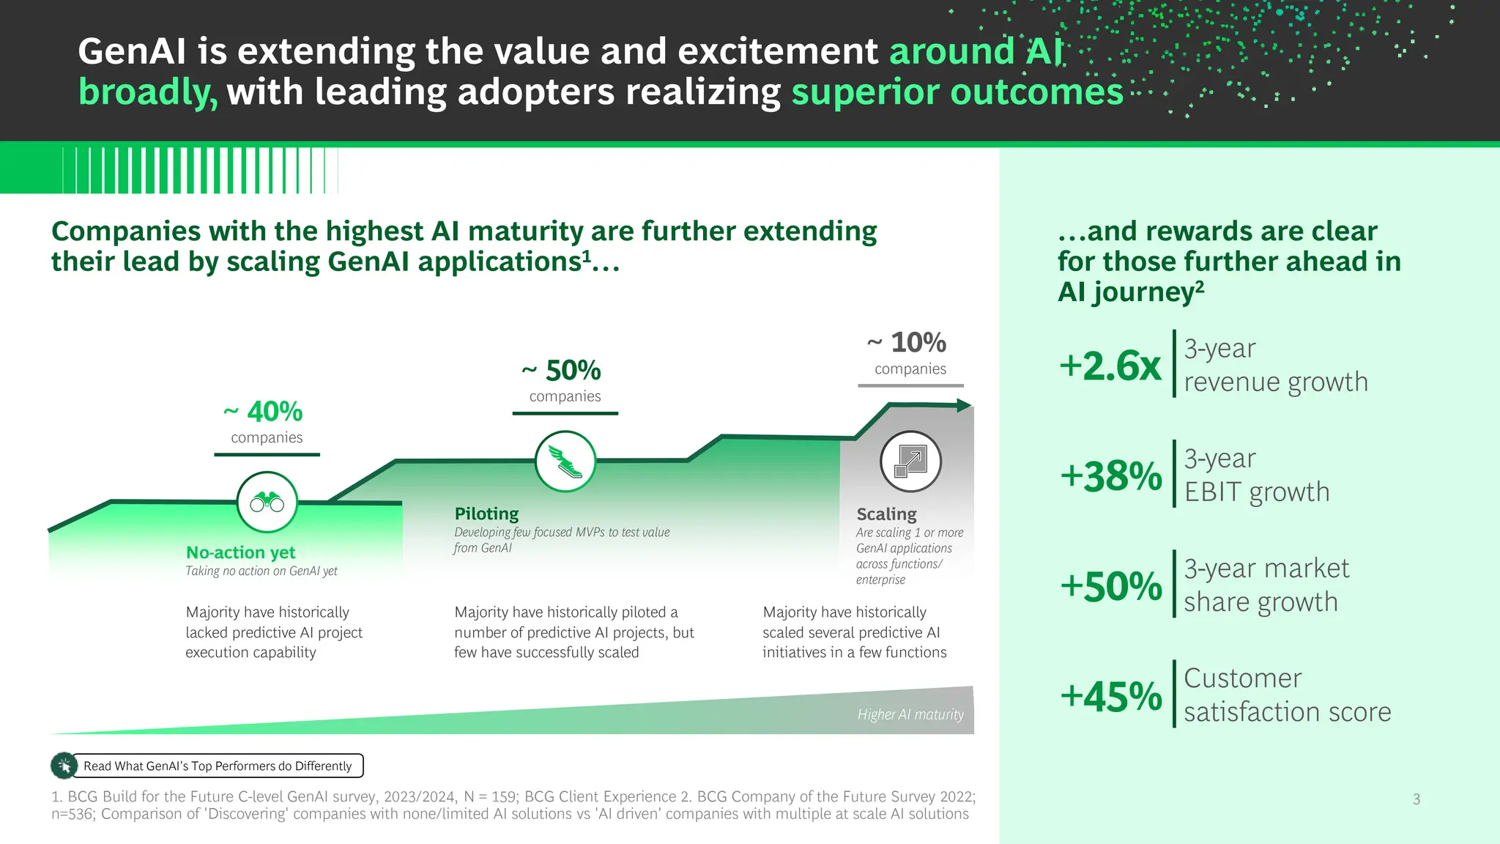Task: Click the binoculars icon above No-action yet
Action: click(x=267, y=503)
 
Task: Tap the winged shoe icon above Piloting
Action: click(x=565, y=462)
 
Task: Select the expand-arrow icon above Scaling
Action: click(x=910, y=462)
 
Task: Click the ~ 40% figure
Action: click(x=264, y=412)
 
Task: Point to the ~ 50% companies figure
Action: click(x=562, y=371)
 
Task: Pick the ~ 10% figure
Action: click(x=907, y=342)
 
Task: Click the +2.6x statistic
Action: click(x=1110, y=366)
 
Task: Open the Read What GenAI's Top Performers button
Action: click(x=218, y=766)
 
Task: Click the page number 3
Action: click(x=1417, y=799)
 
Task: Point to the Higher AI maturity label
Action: click(x=910, y=714)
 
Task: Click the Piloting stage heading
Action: click(x=486, y=514)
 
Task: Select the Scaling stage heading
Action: click(x=886, y=514)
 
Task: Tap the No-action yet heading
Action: click(x=240, y=552)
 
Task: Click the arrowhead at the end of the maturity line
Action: click(x=965, y=405)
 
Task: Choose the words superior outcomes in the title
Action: click(x=957, y=92)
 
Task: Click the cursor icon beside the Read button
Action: click(x=64, y=766)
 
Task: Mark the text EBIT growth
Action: click(x=1256, y=492)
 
